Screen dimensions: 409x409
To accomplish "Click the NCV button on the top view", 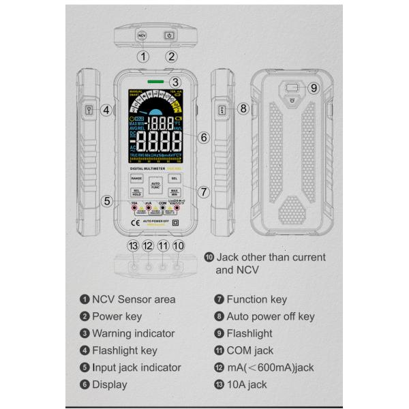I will [x=141, y=35].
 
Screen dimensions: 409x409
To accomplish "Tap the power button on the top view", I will [x=168, y=35].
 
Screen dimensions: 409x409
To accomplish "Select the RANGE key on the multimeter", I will [x=136, y=178].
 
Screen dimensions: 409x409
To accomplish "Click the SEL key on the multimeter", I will [x=174, y=178].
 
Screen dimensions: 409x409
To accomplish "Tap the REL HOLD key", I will [x=136, y=192].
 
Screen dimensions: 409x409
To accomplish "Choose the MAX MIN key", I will [x=174, y=192].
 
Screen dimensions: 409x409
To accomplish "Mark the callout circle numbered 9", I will [x=313, y=88].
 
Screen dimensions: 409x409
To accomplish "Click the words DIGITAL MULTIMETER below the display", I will [x=147, y=167].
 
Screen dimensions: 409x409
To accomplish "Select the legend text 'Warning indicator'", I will [x=133, y=333].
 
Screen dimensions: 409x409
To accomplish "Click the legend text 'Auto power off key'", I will [x=271, y=316].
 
